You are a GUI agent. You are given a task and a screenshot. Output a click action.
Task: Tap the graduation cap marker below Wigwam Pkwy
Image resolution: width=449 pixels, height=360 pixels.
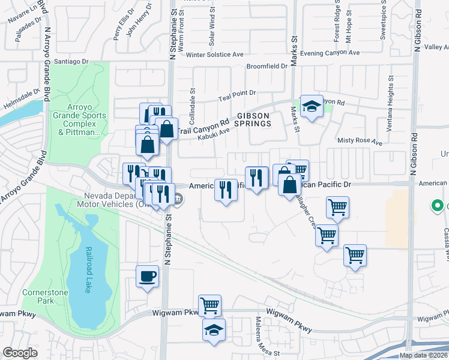click(214, 330)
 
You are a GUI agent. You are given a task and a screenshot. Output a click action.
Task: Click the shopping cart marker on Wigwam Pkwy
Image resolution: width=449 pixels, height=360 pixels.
click(209, 306)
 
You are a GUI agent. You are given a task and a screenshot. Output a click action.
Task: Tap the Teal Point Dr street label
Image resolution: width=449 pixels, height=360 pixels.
click(237, 94)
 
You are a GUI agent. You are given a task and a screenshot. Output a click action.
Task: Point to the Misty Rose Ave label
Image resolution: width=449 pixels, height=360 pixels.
click(360, 142)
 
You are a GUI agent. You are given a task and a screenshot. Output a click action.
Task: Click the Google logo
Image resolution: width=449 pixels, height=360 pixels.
click(20, 352)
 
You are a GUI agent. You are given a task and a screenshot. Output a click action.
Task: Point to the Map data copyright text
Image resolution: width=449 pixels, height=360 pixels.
click(423, 355)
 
